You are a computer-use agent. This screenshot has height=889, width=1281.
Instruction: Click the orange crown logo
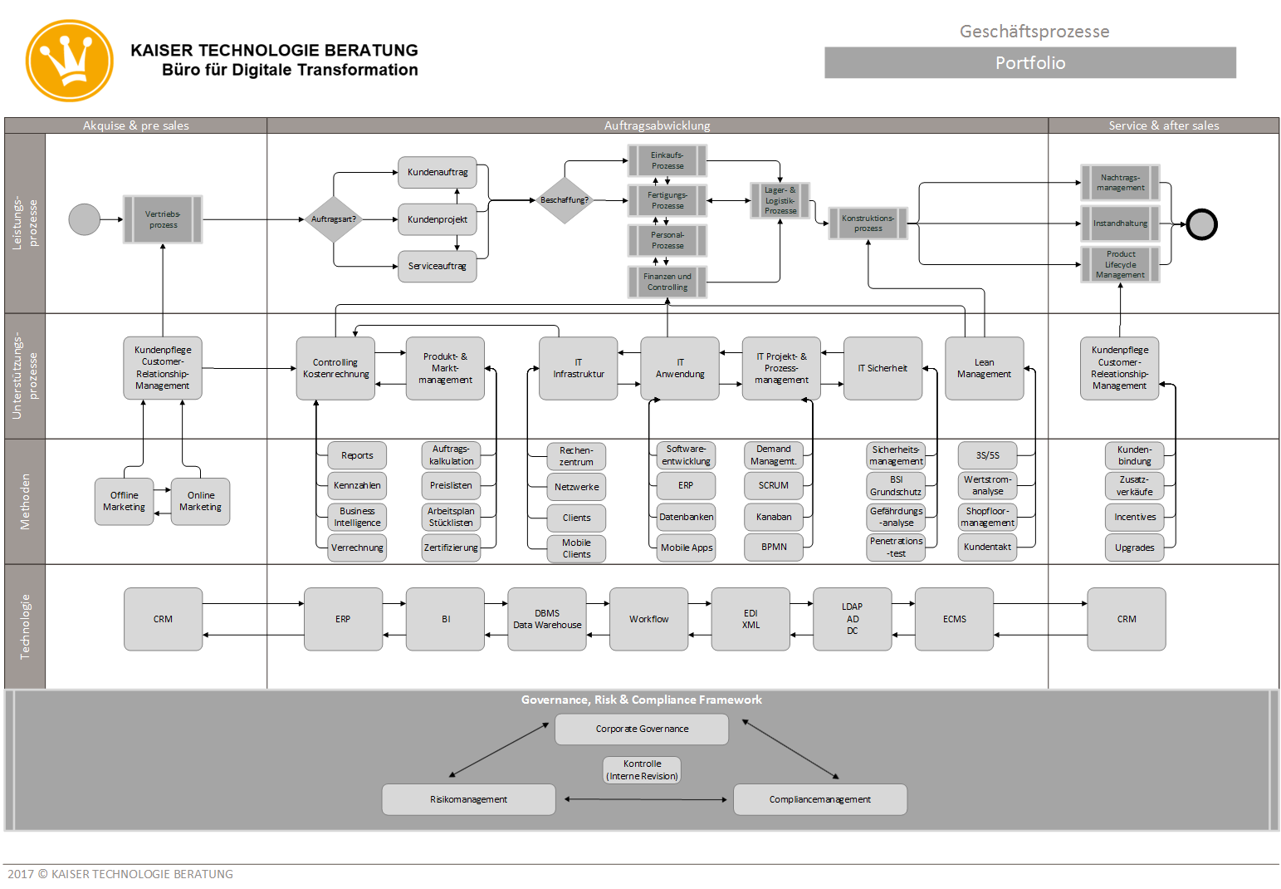(70, 61)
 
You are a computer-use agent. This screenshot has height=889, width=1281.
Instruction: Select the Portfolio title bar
(1029, 63)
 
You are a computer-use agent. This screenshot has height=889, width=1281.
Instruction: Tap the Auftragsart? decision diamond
(334, 219)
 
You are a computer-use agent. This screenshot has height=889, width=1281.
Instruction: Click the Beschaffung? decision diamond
(565, 200)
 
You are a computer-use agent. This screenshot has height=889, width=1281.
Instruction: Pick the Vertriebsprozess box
(163, 219)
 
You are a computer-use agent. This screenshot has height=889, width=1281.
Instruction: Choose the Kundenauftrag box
(438, 172)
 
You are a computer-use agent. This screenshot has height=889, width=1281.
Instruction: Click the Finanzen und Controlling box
(667, 282)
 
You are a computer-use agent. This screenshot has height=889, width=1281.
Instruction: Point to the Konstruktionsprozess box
(868, 223)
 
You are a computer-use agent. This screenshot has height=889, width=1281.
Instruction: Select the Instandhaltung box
(1120, 223)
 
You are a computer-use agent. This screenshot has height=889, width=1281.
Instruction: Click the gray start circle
(84, 219)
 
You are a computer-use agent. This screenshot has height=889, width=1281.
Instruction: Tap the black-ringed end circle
(1201, 224)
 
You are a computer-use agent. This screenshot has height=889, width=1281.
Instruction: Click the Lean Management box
(984, 368)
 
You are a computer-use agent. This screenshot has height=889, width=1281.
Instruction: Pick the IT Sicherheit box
(883, 368)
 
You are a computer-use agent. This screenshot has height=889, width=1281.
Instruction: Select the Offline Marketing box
(124, 501)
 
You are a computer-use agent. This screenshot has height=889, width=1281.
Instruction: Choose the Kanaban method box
(774, 517)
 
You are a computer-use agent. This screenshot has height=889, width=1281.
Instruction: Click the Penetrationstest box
(896, 547)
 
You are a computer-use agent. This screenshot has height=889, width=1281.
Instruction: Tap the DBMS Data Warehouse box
(547, 619)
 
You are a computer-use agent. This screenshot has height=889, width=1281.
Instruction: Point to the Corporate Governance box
(642, 729)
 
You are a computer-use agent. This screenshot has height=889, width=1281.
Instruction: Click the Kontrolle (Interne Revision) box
(642, 769)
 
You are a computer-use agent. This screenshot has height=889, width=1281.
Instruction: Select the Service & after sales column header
(1163, 125)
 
